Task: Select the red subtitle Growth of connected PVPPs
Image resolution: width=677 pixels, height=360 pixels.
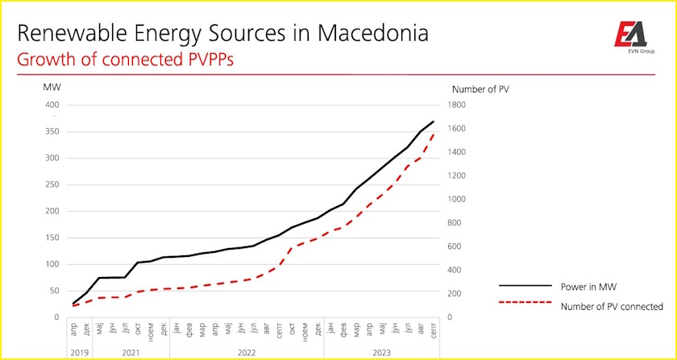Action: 125,60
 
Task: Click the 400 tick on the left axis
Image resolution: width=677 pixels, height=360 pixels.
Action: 52,105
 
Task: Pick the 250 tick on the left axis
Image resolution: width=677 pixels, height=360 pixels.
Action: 52,184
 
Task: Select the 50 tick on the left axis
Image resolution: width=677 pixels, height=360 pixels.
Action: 54,291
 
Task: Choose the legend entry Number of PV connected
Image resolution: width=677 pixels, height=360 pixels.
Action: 611,306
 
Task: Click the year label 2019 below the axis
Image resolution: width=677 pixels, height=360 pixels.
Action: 80,352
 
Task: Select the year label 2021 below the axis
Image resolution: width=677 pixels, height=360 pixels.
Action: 131,352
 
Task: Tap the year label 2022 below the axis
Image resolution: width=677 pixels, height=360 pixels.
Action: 246,352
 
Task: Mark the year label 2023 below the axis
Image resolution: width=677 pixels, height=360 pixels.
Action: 381,352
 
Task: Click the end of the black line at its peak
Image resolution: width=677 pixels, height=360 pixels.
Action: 434,122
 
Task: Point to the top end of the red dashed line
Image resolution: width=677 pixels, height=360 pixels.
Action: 434,134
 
